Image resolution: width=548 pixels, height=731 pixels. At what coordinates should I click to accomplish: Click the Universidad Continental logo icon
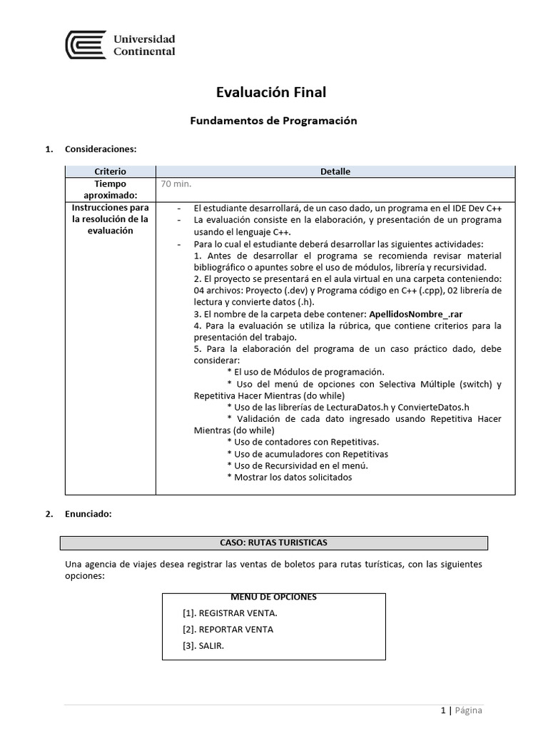85,45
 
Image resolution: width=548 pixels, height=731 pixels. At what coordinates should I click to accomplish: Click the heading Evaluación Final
270,92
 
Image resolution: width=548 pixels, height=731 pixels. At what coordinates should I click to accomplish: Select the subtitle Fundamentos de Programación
273,121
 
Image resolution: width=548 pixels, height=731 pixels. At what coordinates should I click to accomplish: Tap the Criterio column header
110,172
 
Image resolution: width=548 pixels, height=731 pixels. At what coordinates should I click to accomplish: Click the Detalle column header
335,172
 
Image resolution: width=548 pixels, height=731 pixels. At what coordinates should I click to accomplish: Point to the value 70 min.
176,184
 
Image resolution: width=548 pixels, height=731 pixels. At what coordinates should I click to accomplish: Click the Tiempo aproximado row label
110,189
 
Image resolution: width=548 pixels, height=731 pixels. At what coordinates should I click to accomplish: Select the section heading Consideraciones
100,149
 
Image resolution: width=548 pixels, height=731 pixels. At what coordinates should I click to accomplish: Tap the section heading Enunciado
88,514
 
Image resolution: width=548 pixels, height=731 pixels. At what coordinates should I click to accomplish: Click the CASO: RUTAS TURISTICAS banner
274,543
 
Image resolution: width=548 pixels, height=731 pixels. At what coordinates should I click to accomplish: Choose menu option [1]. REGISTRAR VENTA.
230,613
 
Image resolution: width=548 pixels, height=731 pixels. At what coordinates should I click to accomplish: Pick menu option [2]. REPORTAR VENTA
228,630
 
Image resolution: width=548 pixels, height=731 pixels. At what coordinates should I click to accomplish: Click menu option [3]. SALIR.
203,646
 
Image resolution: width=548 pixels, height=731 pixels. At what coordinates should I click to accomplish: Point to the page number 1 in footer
442,710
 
